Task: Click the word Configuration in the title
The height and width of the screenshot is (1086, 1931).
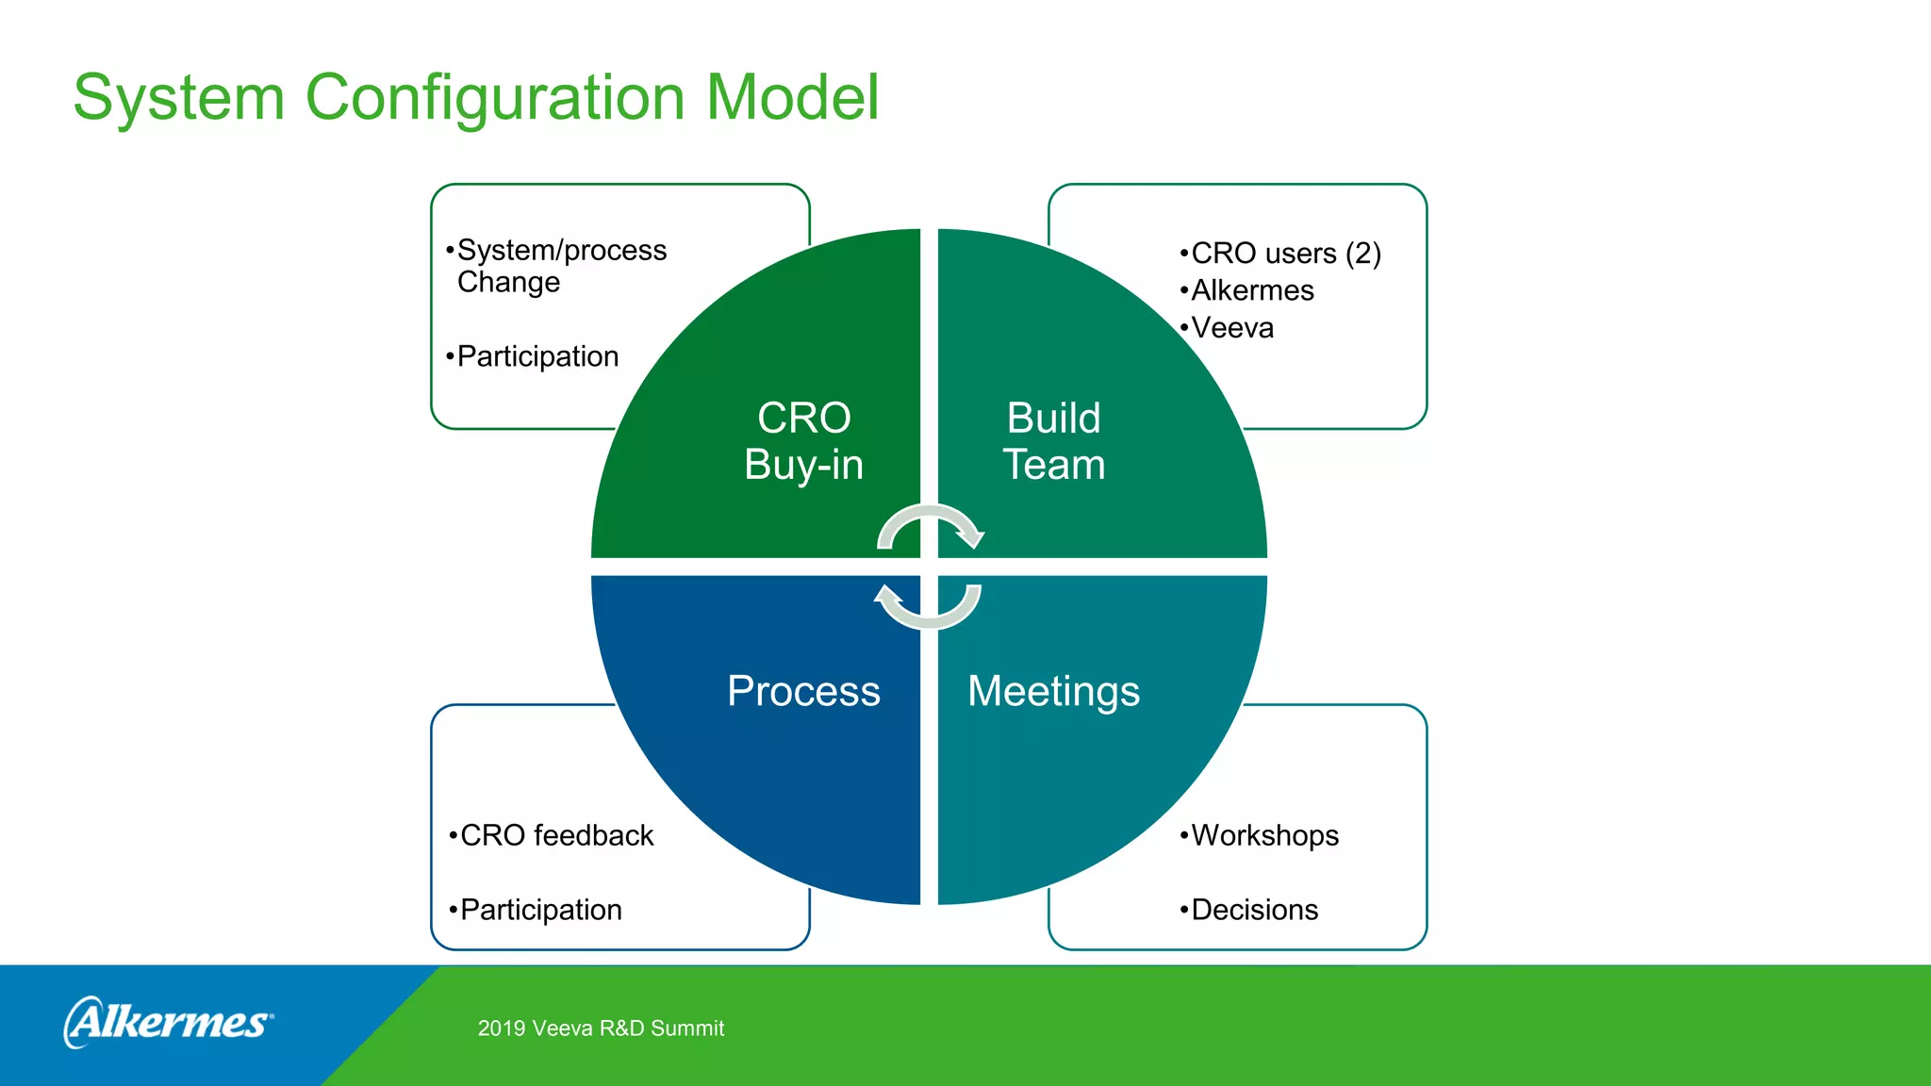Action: point(494,98)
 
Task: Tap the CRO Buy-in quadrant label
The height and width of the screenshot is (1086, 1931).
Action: point(803,441)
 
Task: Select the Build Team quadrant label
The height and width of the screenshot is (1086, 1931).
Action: point(1053,441)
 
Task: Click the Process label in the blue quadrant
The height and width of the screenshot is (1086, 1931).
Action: point(803,691)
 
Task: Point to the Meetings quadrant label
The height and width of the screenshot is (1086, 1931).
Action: point(1053,691)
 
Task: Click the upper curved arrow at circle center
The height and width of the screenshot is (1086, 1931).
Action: point(932,523)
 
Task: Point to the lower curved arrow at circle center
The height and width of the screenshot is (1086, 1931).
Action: point(929,609)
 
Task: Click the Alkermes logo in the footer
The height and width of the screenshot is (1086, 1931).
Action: point(168,1023)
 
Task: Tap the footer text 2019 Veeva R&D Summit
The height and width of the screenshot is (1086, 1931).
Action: point(601,1028)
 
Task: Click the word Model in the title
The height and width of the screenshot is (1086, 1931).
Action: point(792,98)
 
